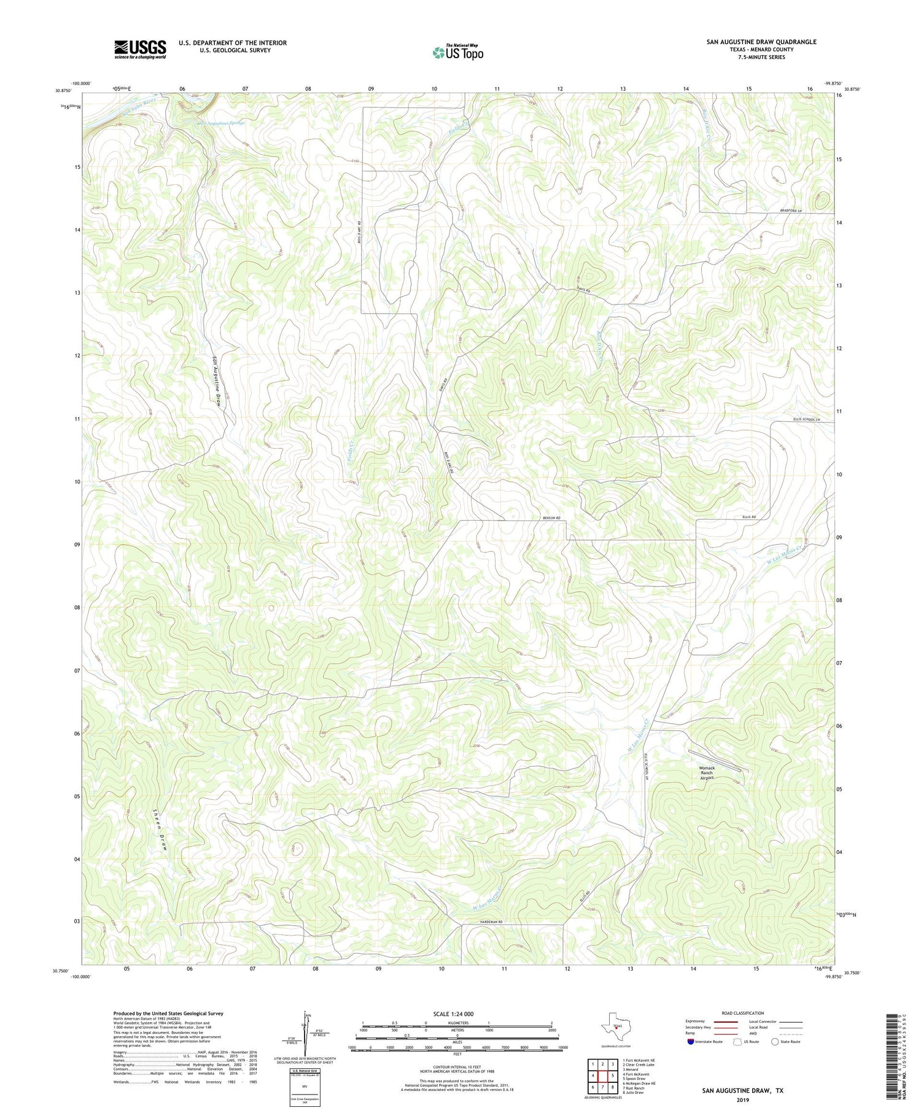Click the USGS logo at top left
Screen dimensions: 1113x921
140,49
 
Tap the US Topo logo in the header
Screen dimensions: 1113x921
458,53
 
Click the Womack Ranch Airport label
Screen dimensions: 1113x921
707,773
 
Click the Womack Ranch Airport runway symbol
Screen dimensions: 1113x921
714,760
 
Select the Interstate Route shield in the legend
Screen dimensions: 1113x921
691,1042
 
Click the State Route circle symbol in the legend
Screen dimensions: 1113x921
775,1042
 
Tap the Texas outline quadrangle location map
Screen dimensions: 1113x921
616,1026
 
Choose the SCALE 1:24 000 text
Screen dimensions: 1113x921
457,1014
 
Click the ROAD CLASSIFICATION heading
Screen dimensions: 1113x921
743,1014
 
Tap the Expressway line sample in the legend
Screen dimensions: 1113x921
725,1022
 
